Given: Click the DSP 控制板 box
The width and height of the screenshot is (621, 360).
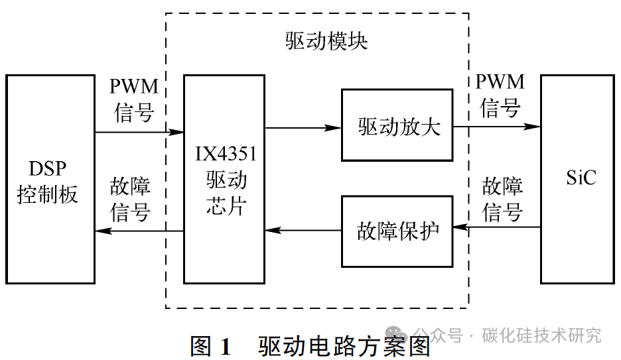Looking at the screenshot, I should pyautogui.click(x=50, y=180).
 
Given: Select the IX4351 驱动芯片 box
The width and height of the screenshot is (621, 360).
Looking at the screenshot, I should pyautogui.click(x=224, y=180).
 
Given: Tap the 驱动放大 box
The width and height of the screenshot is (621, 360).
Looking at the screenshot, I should pyautogui.click(x=397, y=125).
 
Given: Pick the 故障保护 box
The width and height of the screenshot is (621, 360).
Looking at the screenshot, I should pyautogui.click(x=397, y=231).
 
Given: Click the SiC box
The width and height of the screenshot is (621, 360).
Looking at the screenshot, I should pyautogui.click(x=577, y=180).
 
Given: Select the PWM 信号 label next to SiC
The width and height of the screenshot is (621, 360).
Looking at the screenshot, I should pyautogui.click(x=500, y=95).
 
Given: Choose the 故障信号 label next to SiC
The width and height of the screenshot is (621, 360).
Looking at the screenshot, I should pyautogui.click(x=502, y=200).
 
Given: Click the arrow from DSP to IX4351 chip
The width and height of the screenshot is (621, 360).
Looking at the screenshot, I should pyautogui.click(x=139, y=133).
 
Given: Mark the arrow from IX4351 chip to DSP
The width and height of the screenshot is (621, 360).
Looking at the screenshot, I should pyautogui.click(x=139, y=231).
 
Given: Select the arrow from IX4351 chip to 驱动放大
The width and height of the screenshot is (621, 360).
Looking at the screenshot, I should pyautogui.click(x=303, y=127).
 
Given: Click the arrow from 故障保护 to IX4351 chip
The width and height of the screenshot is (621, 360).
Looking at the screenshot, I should pyautogui.click(x=303, y=231).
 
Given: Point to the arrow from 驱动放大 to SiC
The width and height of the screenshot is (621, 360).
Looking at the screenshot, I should pyautogui.click(x=496, y=126).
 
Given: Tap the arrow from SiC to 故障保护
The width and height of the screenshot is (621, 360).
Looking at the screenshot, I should pyautogui.click(x=496, y=227).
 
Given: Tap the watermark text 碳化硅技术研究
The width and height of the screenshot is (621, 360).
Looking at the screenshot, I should pyautogui.click(x=541, y=335).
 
